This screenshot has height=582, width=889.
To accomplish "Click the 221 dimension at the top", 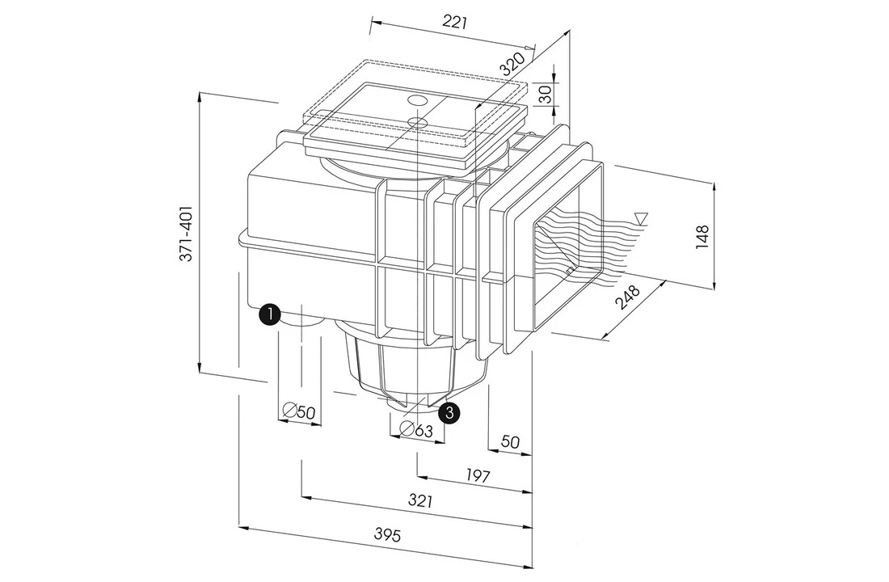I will click(456, 23).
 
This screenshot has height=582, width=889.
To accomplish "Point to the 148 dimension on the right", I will click(702, 235).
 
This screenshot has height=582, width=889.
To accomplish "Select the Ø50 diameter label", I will click(299, 411).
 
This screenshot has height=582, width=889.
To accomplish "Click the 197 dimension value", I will click(478, 475).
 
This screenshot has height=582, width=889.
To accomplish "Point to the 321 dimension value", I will click(419, 500).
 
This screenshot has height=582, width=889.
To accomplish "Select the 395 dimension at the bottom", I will click(387, 534).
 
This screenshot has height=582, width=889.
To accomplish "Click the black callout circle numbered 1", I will click(269, 314).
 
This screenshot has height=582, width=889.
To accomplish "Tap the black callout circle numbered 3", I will click(450, 412).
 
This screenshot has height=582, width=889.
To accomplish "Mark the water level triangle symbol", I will click(641, 217).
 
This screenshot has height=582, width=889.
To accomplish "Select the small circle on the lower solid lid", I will click(416, 122).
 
